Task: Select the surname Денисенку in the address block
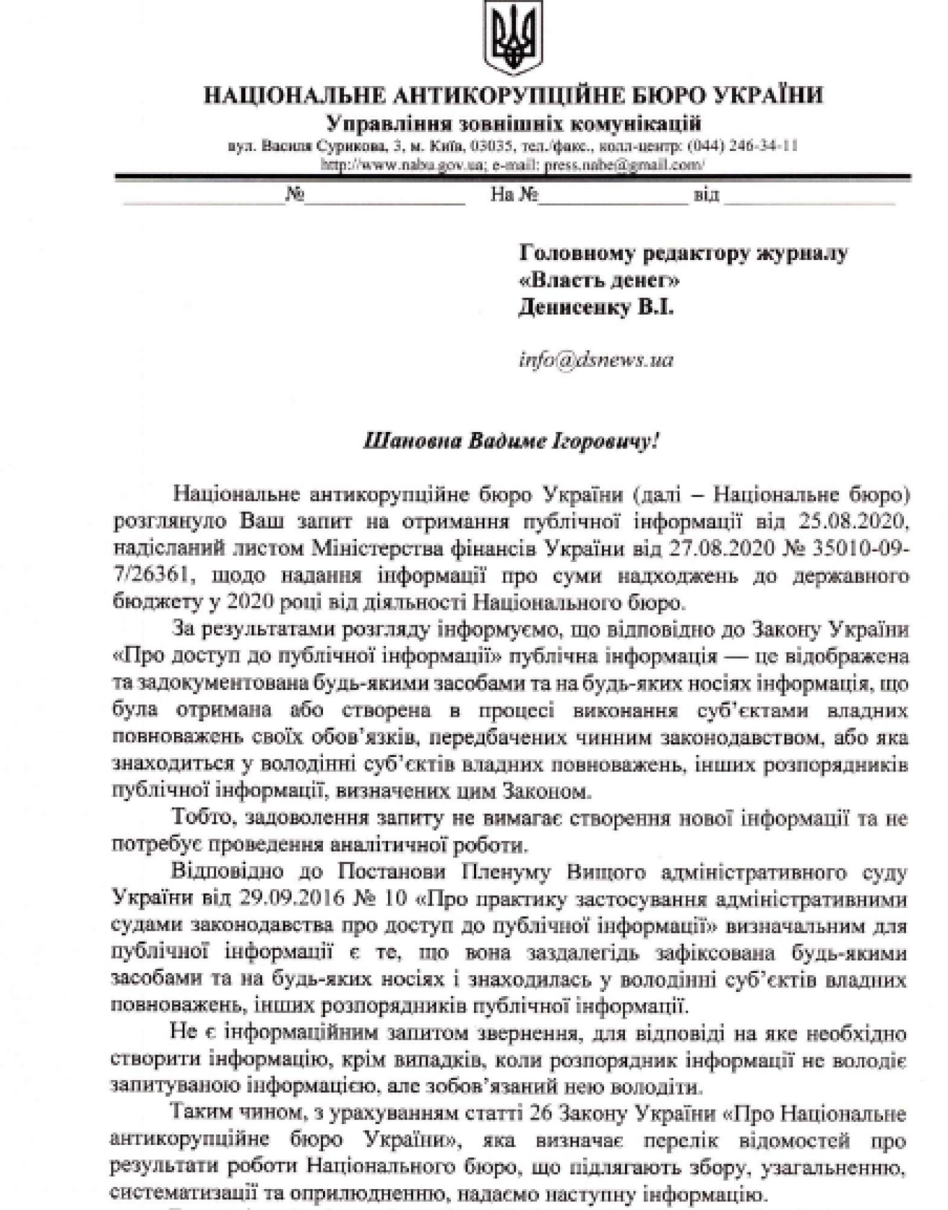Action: (x=575, y=307)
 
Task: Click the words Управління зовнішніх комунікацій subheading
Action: (x=514, y=123)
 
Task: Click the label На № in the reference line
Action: (x=515, y=195)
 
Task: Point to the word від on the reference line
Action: (x=706, y=195)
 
